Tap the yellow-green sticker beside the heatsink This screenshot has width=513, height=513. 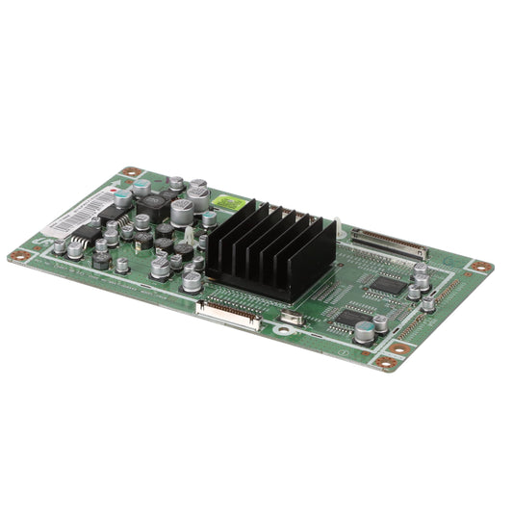pos(226,202)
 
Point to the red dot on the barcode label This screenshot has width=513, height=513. pos(114,192)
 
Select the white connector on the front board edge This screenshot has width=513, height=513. pos(228,313)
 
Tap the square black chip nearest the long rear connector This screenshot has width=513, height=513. pos(388,284)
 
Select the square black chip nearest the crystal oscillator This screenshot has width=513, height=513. pos(352,316)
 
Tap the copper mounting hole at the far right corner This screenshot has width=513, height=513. pos(480,266)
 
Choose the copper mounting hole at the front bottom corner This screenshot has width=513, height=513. pos(386,363)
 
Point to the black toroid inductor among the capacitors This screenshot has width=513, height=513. pos(152,204)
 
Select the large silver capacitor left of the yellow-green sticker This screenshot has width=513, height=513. pos(197,196)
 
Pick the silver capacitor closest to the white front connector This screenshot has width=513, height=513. pos(192,281)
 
